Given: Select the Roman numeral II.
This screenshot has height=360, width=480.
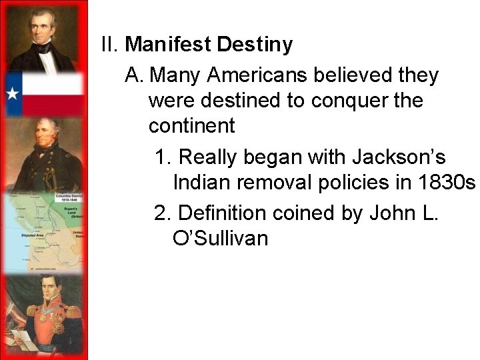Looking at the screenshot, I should pos(109,45).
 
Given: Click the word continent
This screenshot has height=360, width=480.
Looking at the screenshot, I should pos(192,125).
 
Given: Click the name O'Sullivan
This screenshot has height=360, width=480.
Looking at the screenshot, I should pos(220,237).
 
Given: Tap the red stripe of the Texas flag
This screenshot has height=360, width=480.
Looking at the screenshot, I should pos(53,104).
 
